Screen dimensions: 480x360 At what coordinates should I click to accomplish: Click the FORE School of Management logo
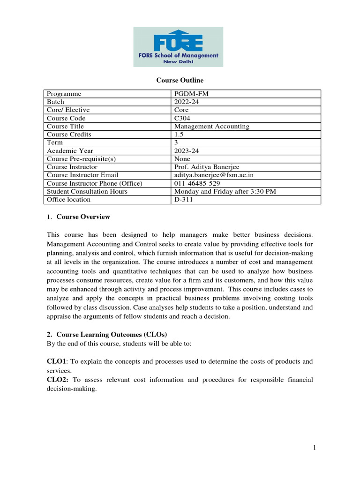click(x=178, y=46)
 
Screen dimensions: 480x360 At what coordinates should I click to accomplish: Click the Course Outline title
click(x=180, y=81)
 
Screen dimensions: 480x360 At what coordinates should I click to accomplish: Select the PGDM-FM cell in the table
click(x=191, y=94)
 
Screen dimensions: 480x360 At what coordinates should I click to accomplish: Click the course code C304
click(x=183, y=118)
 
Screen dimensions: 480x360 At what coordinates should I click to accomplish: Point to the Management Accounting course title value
click(x=212, y=126)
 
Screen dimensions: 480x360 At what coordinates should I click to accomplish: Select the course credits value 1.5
click(x=179, y=134)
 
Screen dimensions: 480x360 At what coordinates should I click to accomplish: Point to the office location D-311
click(x=183, y=199)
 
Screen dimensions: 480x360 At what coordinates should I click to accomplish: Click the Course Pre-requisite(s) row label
click(x=81, y=159)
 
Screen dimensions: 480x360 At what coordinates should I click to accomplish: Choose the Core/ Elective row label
click(x=68, y=110)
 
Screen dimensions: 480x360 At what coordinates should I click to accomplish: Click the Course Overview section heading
click(x=83, y=217)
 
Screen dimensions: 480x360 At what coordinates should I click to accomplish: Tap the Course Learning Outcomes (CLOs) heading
click(x=112, y=334)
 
